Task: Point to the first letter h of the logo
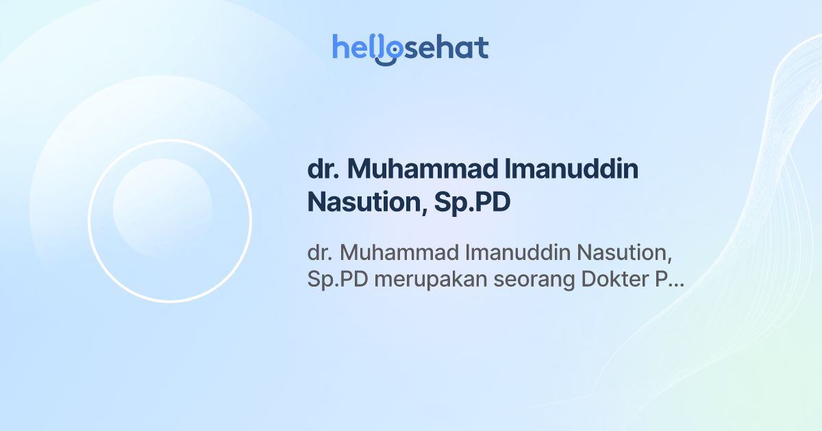[x=340, y=47]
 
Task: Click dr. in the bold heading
[x=320, y=170]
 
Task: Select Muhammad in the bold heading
[x=410, y=170]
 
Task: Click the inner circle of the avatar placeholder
[x=162, y=209]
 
